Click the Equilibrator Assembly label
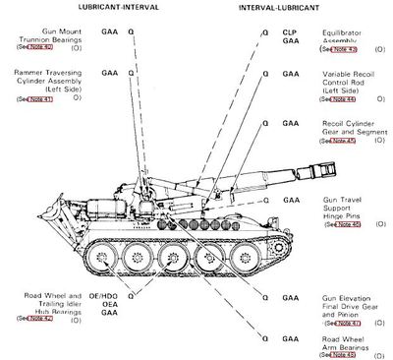tap(351, 36)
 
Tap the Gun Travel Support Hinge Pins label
tap(350, 211)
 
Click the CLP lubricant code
tap(290, 32)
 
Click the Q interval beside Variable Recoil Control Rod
tap(264, 74)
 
